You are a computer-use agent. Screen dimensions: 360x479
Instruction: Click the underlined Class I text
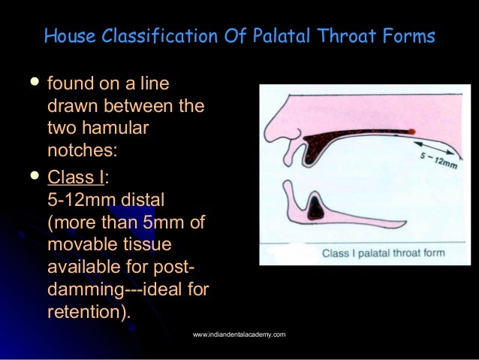tap(75, 179)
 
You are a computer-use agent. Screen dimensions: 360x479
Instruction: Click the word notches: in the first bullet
tap(82, 150)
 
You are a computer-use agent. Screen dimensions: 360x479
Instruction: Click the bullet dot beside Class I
tap(32, 178)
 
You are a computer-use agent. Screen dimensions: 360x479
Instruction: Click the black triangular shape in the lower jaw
tap(318, 207)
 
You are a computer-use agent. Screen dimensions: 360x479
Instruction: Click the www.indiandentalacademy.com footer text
tap(239, 334)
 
